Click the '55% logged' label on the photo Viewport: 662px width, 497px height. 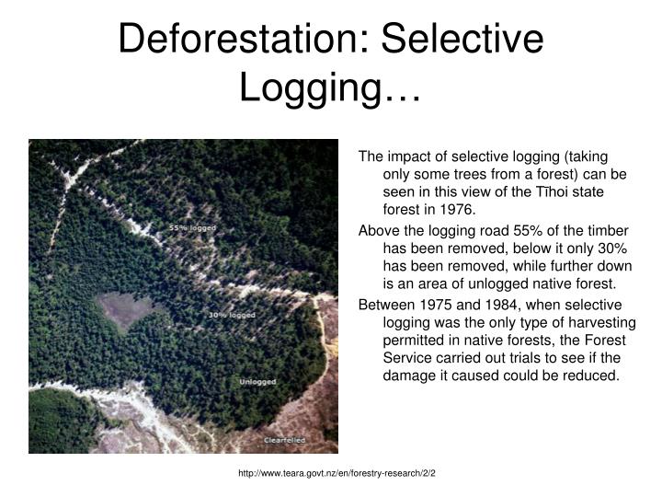click(190, 226)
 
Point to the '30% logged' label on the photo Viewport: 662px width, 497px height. click(231, 315)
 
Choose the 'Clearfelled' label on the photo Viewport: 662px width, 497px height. click(285, 441)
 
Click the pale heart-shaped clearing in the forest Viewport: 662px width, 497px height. click(125, 311)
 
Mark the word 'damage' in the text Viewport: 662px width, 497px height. click(405, 376)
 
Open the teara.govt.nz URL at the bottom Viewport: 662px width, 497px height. click(336, 472)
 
